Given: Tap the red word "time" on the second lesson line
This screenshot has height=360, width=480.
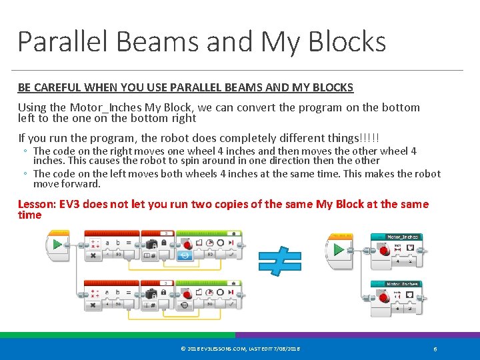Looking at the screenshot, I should [x=29, y=215].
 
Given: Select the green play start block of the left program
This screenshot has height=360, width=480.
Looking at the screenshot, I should [x=58, y=244].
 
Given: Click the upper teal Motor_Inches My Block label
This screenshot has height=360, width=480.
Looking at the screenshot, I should [x=403, y=237].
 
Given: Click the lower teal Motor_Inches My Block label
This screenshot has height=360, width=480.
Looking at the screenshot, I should [x=403, y=284].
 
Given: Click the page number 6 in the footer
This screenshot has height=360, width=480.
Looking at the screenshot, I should [x=435, y=349].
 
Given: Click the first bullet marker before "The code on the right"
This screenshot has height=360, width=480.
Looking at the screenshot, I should [x=25, y=152].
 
